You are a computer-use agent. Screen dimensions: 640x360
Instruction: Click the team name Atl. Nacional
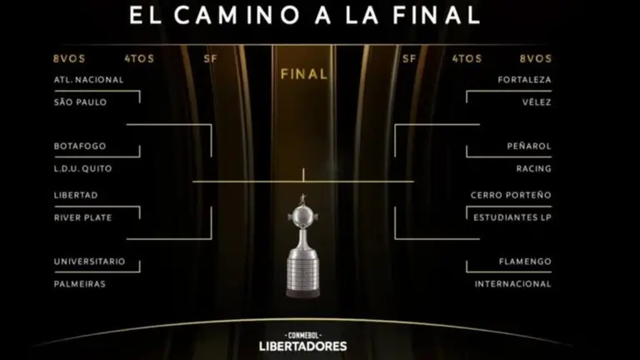click(x=88, y=80)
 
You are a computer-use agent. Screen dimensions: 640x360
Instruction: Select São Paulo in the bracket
click(x=80, y=102)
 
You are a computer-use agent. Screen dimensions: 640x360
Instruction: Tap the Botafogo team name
click(x=80, y=146)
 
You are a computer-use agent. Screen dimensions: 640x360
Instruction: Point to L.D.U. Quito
click(x=82, y=168)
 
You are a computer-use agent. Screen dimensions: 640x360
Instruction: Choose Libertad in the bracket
click(x=76, y=195)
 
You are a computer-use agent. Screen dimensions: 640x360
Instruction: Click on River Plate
click(x=82, y=217)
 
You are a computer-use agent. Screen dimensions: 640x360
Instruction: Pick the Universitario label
click(x=90, y=262)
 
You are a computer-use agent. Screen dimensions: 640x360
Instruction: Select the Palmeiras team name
click(x=80, y=284)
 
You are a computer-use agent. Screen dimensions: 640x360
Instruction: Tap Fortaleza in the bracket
click(x=524, y=80)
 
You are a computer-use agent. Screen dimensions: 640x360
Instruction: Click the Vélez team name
click(x=537, y=102)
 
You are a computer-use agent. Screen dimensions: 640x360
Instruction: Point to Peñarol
click(x=529, y=146)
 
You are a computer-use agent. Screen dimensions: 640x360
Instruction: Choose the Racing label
click(x=534, y=168)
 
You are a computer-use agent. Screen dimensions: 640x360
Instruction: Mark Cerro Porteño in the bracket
click(x=511, y=195)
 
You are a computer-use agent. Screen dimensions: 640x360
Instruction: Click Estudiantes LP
click(x=512, y=217)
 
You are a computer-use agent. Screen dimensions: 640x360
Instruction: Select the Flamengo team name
click(x=525, y=262)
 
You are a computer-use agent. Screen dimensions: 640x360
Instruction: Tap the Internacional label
click(x=513, y=284)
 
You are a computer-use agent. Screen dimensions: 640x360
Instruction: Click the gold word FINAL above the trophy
click(x=304, y=74)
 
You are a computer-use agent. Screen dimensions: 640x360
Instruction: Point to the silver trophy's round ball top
click(x=302, y=214)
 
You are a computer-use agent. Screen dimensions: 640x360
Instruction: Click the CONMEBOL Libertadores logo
click(x=302, y=342)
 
